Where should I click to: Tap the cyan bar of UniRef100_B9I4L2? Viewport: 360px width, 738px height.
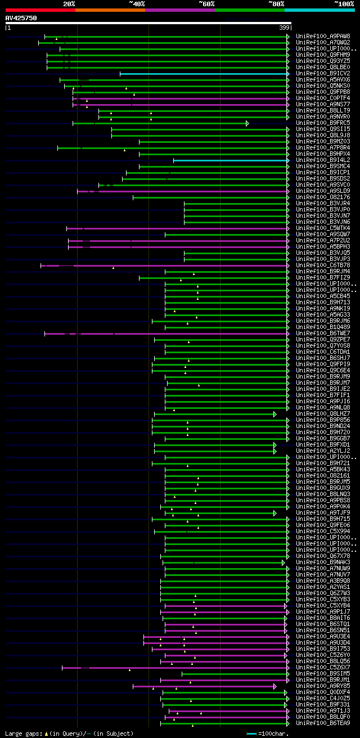click(230, 160)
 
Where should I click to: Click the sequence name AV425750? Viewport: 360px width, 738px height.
click(21, 18)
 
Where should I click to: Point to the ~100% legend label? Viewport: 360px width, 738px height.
click(344, 3)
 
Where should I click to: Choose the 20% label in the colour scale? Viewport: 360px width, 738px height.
click(69, 3)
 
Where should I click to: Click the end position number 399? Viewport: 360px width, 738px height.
click(284, 28)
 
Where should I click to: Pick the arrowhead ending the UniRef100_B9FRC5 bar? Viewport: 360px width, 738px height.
click(247, 123)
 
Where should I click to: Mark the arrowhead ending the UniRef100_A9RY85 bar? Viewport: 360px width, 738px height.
click(275, 686)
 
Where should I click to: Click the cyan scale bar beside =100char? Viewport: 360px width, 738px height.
click(251, 733)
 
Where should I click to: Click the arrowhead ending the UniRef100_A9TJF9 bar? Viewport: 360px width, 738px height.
click(275, 513)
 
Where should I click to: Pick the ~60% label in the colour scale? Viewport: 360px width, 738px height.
click(206, 3)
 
